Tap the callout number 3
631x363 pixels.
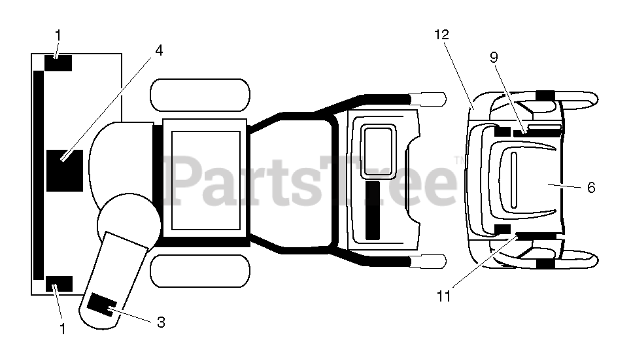[161, 322]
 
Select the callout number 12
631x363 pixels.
[442, 35]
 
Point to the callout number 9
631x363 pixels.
[494, 57]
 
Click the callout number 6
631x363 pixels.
[591, 188]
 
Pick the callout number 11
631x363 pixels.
[445, 296]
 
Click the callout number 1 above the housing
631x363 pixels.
[58, 33]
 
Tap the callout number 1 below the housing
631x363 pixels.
[62, 330]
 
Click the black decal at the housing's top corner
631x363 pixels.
[58, 63]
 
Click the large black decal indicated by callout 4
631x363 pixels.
[65, 170]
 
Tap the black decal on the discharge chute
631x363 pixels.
[102, 303]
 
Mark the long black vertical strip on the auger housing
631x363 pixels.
[39, 175]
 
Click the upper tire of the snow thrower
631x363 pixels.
[200, 95]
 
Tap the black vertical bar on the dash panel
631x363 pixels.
[373, 211]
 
